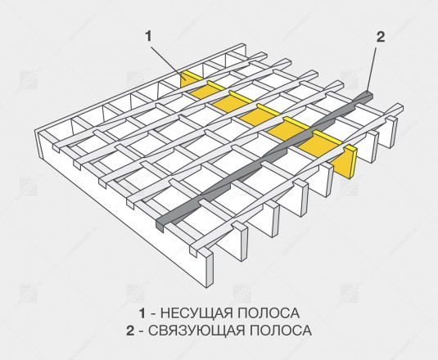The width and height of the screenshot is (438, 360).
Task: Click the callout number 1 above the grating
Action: [149, 36]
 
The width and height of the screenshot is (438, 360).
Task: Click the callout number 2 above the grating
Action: [381, 37]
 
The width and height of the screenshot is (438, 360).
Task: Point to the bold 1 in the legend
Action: [142, 313]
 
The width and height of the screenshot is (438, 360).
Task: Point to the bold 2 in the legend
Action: [130, 331]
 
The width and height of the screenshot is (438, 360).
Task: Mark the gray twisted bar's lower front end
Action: [160, 224]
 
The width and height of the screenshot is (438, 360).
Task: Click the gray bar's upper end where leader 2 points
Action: [368, 94]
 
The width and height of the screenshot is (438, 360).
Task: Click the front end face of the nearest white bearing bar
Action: [210, 268]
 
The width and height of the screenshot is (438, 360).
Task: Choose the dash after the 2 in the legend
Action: [141, 331]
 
